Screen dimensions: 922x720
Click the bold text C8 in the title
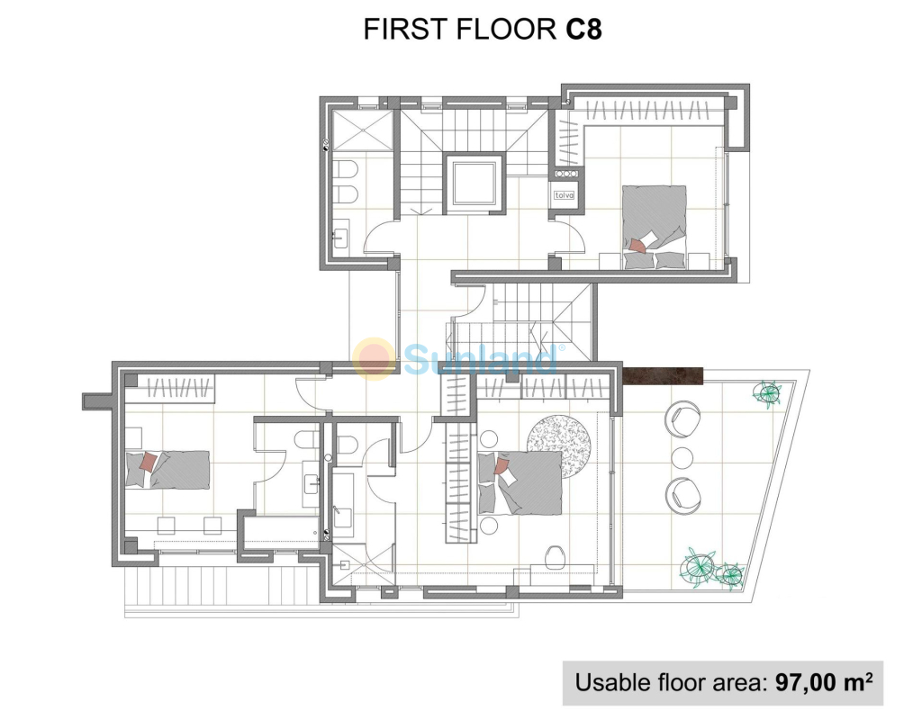(x=583, y=29)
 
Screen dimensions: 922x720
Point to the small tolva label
(x=564, y=195)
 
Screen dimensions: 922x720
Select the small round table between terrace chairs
(x=682, y=458)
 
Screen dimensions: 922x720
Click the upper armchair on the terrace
(x=682, y=419)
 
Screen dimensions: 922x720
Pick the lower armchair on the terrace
(x=682, y=496)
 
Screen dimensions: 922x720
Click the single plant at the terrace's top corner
(x=769, y=392)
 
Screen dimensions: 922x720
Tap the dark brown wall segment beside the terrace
(x=663, y=376)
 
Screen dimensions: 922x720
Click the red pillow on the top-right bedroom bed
(x=637, y=245)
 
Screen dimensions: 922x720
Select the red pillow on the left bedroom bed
(x=149, y=462)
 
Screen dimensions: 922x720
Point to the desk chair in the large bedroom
(x=555, y=556)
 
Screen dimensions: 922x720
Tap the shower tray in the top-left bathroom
(x=362, y=130)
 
